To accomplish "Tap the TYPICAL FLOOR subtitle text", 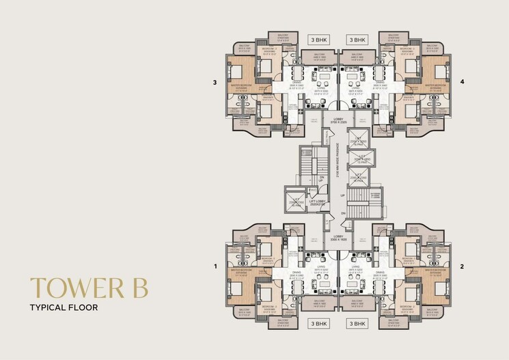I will [x=64, y=308].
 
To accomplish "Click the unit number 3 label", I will [x=215, y=83].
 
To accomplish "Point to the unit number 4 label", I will [x=462, y=83].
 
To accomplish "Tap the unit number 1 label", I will [x=215, y=266].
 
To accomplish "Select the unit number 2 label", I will [x=462, y=266].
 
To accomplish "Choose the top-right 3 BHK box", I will [x=357, y=40].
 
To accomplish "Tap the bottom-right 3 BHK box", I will [x=357, y=322].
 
